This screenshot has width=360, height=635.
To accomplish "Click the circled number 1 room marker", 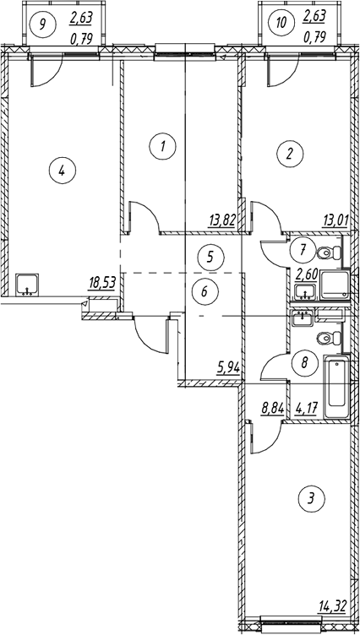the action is click(162, 147).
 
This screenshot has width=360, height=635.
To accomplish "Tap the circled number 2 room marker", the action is click(289, 153).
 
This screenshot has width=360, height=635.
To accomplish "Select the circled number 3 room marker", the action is click(310, 497).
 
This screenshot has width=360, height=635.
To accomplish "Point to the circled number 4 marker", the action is click(61, 171).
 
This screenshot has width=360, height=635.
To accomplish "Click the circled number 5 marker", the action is click(210, 257).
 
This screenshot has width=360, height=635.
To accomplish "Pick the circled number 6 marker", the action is click(205, 290).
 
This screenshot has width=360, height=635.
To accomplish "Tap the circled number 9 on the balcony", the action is click(43, 23).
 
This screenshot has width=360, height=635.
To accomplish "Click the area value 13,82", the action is click(221, 221).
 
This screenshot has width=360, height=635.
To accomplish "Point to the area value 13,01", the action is click(335, 223).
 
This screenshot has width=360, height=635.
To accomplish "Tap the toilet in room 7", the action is click(330, 253).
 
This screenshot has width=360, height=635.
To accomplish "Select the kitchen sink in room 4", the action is click(28, 285).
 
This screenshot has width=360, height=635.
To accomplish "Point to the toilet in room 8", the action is click(330, 338).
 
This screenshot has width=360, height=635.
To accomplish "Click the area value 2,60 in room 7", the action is click(305, 275).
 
